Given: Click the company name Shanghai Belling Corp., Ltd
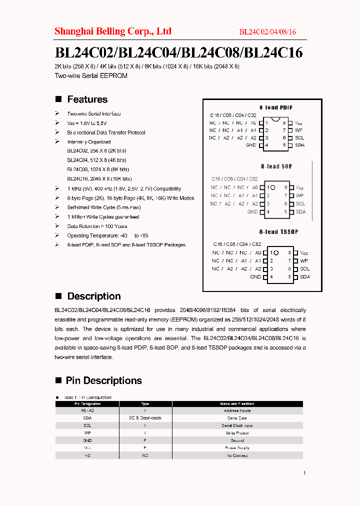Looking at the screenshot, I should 112,31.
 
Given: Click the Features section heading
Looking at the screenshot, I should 87,99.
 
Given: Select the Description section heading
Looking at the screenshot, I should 93,296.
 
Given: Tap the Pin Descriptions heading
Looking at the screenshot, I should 103,380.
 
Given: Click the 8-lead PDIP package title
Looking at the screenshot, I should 276,107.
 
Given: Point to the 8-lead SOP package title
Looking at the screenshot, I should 276,166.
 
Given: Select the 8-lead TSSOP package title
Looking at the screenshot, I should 278,232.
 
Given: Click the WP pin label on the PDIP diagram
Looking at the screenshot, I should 299,130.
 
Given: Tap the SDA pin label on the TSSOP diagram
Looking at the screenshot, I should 304,276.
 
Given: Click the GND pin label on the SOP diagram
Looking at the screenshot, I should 252,211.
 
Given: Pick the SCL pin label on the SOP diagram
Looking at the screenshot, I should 300,203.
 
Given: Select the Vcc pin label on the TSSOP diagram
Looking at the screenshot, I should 304,253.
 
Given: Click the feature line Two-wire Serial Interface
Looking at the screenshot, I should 94,114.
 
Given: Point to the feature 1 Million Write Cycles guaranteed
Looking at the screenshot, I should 103,217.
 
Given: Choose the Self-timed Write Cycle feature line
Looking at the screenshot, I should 104,207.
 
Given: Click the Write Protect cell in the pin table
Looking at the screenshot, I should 237,433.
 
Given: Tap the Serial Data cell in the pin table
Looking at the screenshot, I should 237,418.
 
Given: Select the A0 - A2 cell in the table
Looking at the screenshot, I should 87,410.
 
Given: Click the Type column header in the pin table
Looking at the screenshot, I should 145,403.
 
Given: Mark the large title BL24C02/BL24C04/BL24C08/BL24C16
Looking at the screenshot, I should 178,52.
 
